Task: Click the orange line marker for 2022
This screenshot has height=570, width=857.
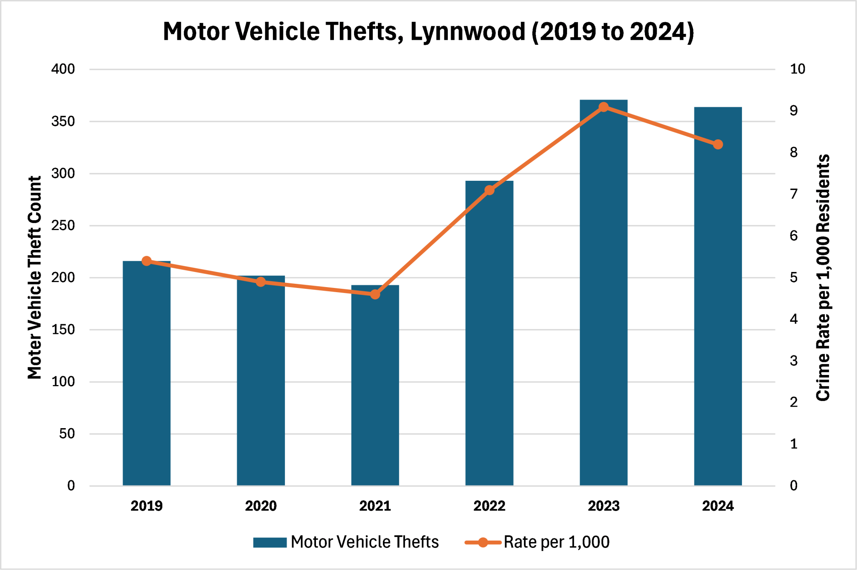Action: (x=489, y=190)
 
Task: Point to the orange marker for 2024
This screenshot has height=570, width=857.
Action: (x=718, y=144)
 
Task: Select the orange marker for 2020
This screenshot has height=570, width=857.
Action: (x=261, y=282)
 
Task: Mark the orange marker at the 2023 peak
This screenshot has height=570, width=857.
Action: (x=603, y=107)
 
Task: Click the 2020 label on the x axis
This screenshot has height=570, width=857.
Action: (x=261, y=506)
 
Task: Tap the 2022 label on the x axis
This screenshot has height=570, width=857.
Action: (x=489, y=506)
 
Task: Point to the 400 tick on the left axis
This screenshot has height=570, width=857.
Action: (x=63, y=69)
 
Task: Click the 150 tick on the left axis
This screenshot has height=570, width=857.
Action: (x=63, y=330)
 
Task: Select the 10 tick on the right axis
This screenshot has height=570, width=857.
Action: (x=797, y=69)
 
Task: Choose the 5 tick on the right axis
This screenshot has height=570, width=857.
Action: (x=793, y=277)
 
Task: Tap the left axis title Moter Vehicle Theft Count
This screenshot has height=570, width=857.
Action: (x=35, y=277)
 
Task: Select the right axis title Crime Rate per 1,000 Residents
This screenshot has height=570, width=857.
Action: (x=823, y=277)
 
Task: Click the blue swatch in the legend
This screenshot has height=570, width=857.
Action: (x=270, y=542)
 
